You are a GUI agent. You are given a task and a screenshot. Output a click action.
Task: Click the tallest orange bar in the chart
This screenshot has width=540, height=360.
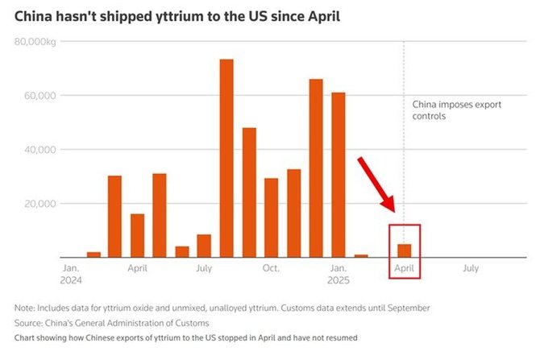pyautogui.click(x=226, y=158)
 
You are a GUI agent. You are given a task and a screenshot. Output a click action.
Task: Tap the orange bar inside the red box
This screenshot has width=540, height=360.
pyautogui.click(x=405, y=250)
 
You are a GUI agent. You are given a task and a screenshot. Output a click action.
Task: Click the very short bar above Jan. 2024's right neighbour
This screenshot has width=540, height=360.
pyautogui.click(x=93, y=254)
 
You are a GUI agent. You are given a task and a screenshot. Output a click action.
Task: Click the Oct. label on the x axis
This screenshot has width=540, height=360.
pyautogui.click(x=271, y=267)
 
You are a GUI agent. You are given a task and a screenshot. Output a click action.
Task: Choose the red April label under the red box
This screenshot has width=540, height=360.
pyautogui.click(x=405, y=267)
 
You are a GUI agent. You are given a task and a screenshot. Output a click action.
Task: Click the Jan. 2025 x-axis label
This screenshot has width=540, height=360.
pyautogui.click(x=339, y=273)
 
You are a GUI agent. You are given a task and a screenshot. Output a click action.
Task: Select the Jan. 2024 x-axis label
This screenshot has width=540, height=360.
pyautogui.click(x=72, y=273)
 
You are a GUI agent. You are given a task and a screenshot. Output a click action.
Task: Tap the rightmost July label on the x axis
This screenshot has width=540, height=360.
pyautogui.click(x=471, y=267)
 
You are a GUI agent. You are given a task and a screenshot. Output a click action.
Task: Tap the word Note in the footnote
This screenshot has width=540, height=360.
pyautogui.click(x=25, y=308)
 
